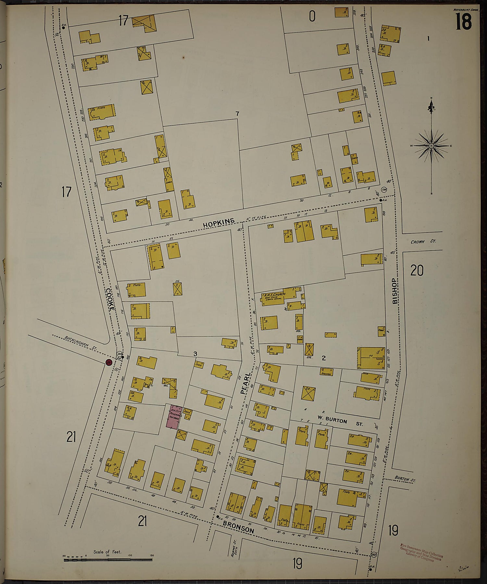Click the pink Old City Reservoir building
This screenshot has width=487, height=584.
(x=172, y=417)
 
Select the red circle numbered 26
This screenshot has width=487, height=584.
(x=109, y=363)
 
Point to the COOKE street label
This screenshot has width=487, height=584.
(x=109, y=300)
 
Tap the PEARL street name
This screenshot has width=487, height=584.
(x=246, y=383)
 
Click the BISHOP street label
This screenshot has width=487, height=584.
(x=394, y=291)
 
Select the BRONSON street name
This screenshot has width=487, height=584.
(x=238, y=529)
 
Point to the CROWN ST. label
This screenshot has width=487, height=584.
(x=423, y=242)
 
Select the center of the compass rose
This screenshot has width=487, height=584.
(x=431, y=146)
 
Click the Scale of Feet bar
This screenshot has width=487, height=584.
(x=108, y=560)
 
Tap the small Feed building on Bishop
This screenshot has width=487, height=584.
(x=381, y=331)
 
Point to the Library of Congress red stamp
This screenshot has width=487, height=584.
(x=421, y=552)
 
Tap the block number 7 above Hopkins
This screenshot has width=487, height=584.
(x=237, y=113)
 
